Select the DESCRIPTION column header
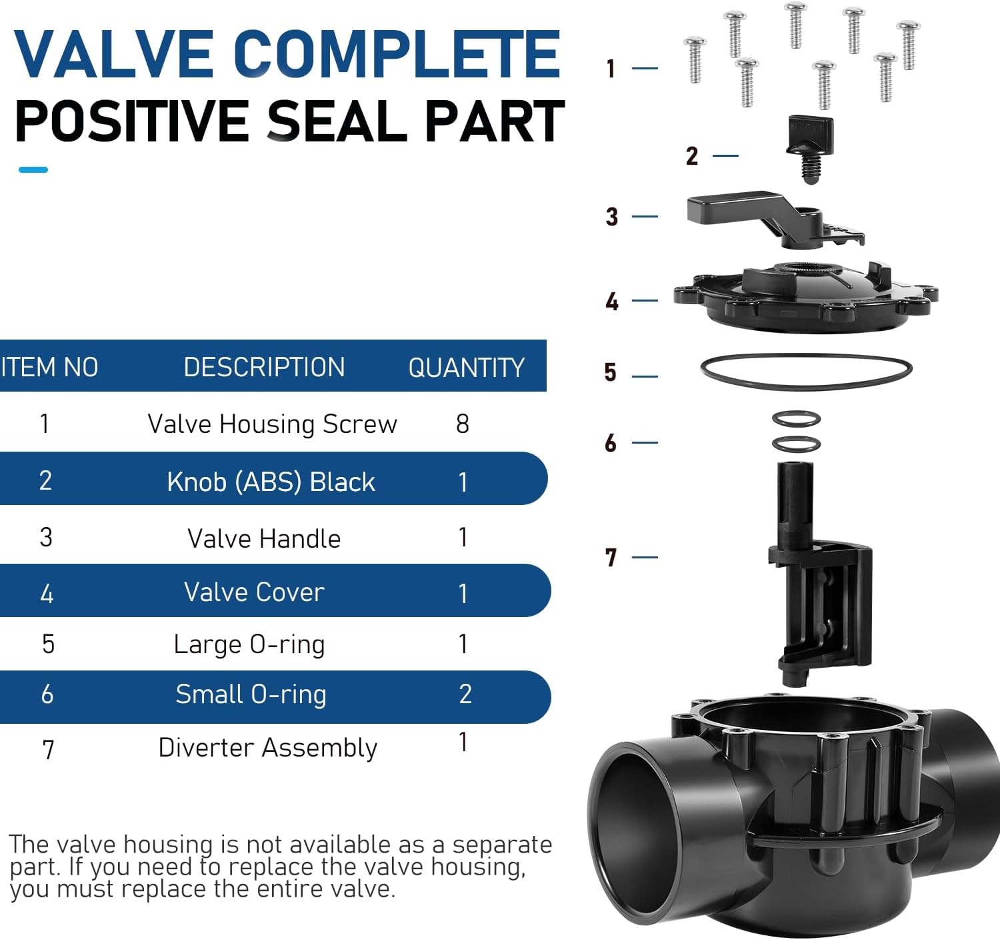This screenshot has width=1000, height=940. coord(264,367)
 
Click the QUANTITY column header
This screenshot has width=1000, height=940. coord(466,368)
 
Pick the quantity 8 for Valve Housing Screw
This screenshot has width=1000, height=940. coord(463,424)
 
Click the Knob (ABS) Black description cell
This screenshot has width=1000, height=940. coord(271,482)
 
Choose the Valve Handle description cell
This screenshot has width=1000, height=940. coord(264,538)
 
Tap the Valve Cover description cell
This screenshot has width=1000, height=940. coord(254,592)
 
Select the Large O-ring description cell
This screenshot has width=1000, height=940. coord(249,644)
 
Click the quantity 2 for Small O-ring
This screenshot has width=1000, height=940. coord(465,694)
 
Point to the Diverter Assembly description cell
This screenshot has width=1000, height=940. coord(267,747)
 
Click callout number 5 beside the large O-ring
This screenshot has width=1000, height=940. coord(611,372)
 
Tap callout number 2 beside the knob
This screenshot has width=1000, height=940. coord(692,156)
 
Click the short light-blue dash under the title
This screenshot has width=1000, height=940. coord(33,170)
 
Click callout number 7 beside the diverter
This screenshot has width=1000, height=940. coord(611,557)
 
